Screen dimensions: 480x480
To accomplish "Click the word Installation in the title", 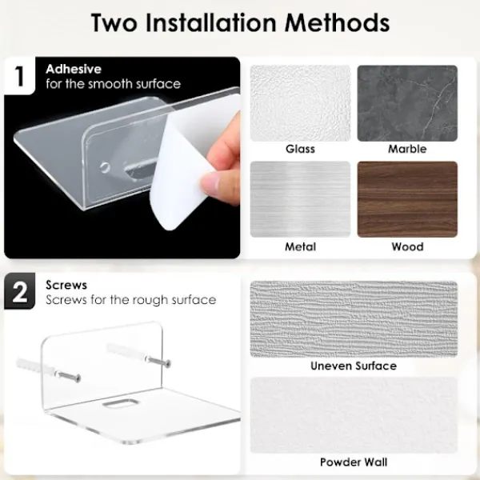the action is [211, 23].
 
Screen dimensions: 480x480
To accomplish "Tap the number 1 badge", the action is [19, 76].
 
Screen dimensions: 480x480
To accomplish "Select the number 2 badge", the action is [19, 291].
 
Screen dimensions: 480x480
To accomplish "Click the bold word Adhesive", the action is [74, 69].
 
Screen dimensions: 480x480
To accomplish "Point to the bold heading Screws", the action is [66, 285].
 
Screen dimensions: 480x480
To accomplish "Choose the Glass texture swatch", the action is [300, 103].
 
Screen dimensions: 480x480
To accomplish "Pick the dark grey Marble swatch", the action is [407, 103].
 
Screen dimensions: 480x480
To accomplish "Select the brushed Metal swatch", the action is [300, 199].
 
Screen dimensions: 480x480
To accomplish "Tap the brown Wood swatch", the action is [407, 199].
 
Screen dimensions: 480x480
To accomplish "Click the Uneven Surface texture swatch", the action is [354, 319].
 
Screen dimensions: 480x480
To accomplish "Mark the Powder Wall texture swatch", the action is [354, 415].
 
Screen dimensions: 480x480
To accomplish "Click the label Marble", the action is [407, 149].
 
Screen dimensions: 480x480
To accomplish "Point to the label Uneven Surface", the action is [354, 366].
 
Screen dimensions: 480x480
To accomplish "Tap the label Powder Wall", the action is [354, 462].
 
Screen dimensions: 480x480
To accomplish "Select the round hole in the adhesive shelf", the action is [105, 167].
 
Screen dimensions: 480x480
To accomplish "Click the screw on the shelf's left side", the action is [68, 375].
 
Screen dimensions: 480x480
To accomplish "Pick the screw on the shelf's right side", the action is [158, 362].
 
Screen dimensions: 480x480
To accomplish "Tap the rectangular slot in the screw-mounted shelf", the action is [121, 403].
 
